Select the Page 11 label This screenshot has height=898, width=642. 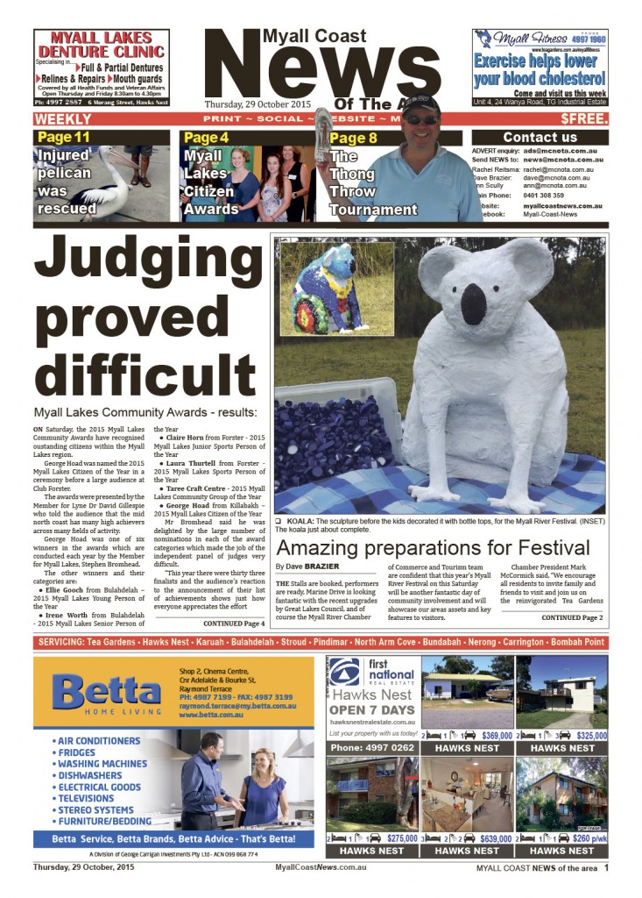click(x=63, y=138)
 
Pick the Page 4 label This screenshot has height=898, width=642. click(x=207, y=138)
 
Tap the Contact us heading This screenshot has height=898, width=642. click(x=540, y=137)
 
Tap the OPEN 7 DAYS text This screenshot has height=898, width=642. click(x=372, y=709)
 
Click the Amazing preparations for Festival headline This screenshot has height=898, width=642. click(x=434, y=549)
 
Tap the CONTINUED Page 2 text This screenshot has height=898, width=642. click(x=572, y=617)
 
